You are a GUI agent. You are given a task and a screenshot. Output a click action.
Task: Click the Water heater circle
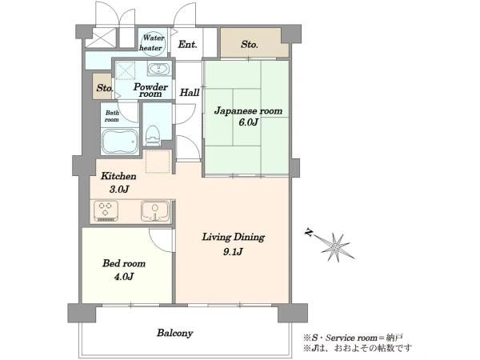point(153,43)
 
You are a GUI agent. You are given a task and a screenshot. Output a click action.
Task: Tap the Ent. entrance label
point(188,44)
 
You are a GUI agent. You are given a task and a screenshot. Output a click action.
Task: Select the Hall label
point(190,92)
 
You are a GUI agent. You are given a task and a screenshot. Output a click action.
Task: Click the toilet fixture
point(153,135)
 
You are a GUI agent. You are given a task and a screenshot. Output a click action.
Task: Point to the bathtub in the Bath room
point(119,142)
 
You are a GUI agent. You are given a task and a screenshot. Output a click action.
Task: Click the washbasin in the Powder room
point(158,68)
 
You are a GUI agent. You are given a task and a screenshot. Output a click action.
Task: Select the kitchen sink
point(155,210)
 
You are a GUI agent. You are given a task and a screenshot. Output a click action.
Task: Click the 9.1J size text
point(233,252)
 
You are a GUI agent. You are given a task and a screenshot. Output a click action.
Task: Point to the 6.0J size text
point(248,122)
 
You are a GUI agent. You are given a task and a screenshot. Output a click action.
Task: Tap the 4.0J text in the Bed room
point(124,277)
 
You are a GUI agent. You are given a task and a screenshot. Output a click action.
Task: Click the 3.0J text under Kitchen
point(119,190)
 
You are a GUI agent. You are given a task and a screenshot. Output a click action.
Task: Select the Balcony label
point(174,333)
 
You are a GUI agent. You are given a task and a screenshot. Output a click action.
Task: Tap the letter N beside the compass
point(309,234)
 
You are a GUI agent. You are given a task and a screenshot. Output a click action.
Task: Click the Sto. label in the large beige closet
point(249,45)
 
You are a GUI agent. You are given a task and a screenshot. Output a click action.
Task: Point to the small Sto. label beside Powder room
point(105,88)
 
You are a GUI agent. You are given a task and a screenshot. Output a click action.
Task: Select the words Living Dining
point(234,238)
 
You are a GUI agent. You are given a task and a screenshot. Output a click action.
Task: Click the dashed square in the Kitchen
point(158,162)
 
